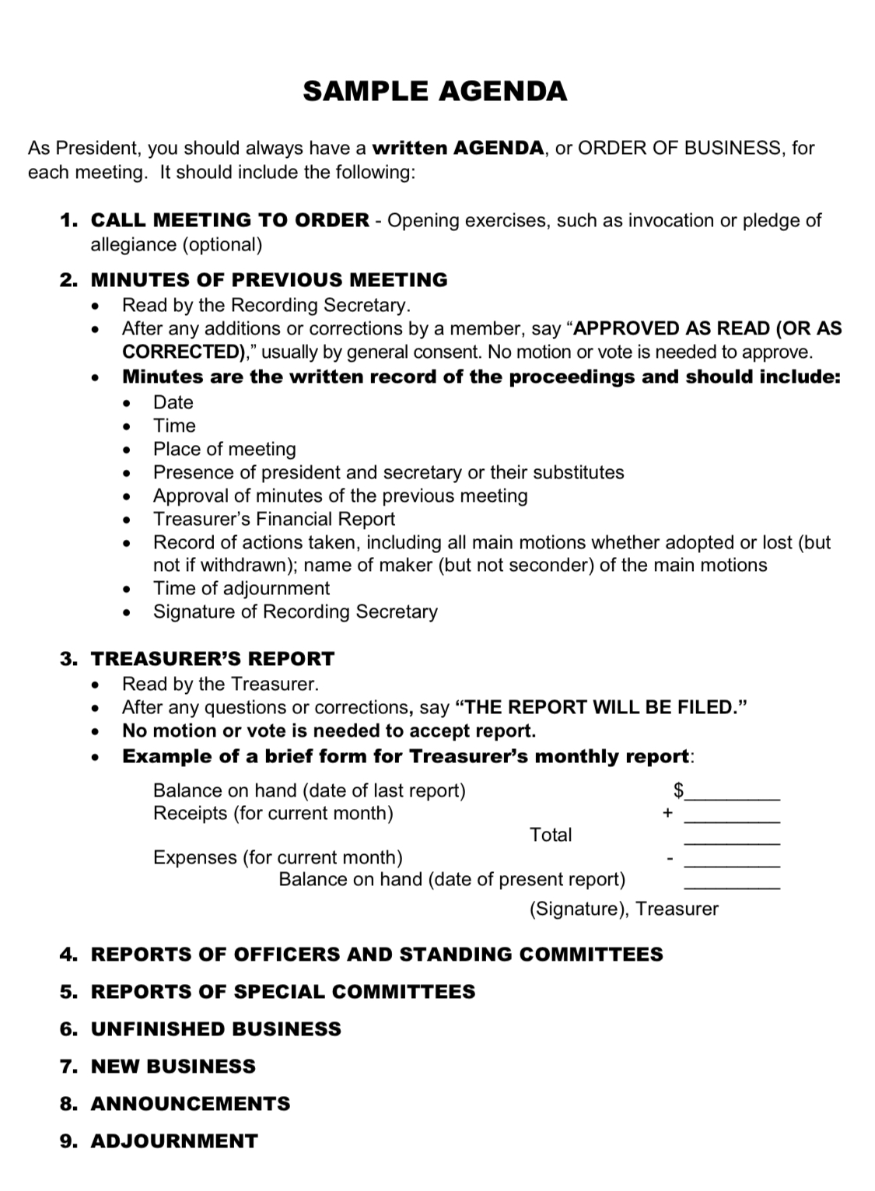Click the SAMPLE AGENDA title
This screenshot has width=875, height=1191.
click(x=435, y=91)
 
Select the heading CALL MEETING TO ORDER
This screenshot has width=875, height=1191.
click(x=230, y=220)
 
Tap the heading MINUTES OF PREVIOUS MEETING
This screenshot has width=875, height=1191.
click(x=269, y=279)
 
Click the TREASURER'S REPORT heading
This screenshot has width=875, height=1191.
click(x=212, y=658)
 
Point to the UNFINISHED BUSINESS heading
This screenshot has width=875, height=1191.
click(x=216, y=1028)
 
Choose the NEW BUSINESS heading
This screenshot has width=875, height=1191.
click(x=173, y=1066)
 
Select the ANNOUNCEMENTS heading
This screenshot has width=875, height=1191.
click(x=191, y=1103)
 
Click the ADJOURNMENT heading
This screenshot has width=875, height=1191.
click(x=174, y=1140)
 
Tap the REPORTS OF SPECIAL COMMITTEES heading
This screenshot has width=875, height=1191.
click(x=283, y=991)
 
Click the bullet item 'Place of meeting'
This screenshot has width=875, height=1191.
click(x=224, y=449)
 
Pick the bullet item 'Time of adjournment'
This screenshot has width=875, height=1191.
click(x=241, y=588)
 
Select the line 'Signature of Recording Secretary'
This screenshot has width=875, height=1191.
click(x=295, y=611)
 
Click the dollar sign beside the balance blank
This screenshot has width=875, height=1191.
click(x=677, y=790)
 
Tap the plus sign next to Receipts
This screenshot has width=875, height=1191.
click(x=667, y=813)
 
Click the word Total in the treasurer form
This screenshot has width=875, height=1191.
click(x=550, y=835)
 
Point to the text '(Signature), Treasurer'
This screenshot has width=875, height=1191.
click(x=624, y=909)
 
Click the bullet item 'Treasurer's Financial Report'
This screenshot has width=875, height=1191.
click(x=274, y=519)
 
